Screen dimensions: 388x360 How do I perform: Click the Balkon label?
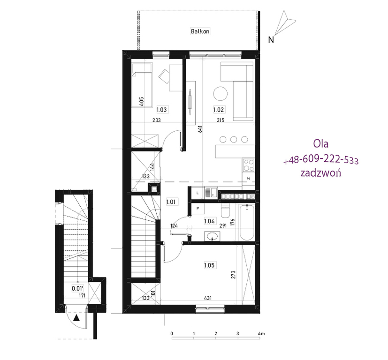[200, 31]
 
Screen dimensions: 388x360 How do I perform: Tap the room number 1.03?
[162, 110]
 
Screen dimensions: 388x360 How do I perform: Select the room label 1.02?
[219, 110]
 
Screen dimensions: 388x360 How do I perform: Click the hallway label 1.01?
[171, 202]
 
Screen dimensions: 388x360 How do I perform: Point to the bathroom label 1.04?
[209, 221]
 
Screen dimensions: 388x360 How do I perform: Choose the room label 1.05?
[209, 265]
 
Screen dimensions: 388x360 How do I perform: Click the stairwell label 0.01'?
[78, 288]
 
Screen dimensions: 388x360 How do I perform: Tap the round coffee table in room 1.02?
[221, 94]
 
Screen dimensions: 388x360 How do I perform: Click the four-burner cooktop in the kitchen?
[249, 165]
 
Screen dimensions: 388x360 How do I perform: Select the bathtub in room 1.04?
[247, 222]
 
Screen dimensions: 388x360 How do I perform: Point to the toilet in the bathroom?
[225, 210]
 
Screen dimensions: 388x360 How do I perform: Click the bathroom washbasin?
[212, 236]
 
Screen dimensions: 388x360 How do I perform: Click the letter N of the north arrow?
[271, 40]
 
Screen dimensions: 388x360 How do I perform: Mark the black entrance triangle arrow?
[76, 318]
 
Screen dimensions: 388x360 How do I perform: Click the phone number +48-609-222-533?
[321, 160]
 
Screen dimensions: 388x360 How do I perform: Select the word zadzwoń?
[321, 172]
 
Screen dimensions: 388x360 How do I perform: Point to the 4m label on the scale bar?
[261, 334]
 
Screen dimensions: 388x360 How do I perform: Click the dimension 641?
[200, 129]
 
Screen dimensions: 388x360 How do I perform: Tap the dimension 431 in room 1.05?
[208, 298]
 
